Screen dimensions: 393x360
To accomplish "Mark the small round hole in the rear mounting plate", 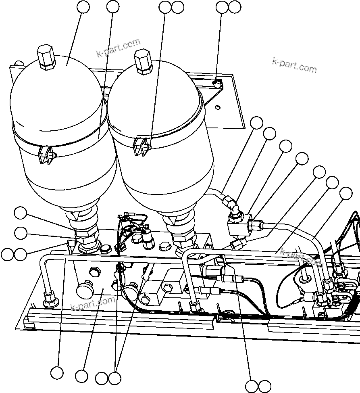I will point(217,107).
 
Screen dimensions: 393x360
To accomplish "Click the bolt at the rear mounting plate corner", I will point(217,84).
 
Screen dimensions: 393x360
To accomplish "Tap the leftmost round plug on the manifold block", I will point(84,289).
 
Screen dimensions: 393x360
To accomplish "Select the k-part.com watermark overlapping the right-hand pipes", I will point(302,258).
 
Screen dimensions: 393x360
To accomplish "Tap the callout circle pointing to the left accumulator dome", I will point(83,7).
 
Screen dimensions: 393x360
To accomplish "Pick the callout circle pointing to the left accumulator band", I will point(113,7).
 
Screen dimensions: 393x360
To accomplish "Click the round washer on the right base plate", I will point(305,278).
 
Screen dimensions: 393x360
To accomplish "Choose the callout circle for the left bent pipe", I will point(57,372).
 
